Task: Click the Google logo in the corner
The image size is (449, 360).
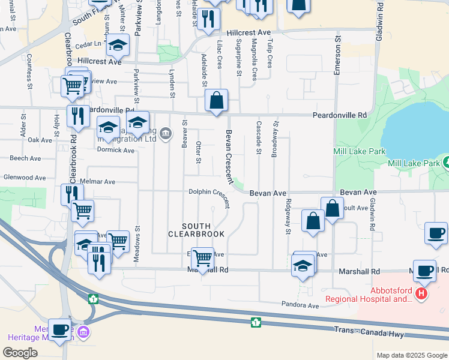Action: (20, 352)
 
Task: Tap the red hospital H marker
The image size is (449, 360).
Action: (421, 293)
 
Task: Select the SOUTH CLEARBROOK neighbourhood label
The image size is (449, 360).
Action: (196, 229)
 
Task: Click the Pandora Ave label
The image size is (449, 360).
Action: (300, 305)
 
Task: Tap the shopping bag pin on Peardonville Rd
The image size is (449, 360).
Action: (217, 100)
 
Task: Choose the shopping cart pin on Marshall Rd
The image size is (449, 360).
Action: (203, 258)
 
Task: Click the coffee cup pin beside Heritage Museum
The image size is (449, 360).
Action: (59, 329)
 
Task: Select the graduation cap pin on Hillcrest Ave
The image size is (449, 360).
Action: (118, 45)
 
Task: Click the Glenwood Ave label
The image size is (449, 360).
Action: (24, 178)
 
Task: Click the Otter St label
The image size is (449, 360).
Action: (198, 152)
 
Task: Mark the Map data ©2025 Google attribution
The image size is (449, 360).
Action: (411, 355)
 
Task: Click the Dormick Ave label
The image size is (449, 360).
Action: (116, 150)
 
